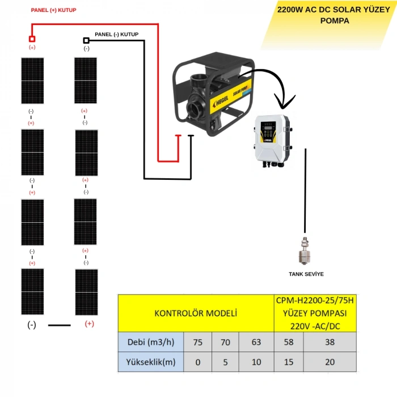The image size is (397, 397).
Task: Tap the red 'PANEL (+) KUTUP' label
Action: point(53,10)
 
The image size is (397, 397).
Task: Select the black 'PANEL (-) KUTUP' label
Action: point(116,35)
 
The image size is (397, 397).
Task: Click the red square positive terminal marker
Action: point(32,39)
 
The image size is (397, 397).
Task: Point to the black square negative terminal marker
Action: point(86,40)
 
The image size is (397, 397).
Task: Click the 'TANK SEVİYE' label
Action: point(306,274)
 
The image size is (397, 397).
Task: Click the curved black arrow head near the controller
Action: point(285,102)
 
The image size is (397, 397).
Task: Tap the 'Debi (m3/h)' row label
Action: point(151,342)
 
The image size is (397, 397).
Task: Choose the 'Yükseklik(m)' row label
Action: point(151,362)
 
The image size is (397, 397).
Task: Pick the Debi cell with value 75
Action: point(197,342)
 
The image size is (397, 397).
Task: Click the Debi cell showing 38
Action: point(330,342)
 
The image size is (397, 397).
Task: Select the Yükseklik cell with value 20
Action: point(330,362)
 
